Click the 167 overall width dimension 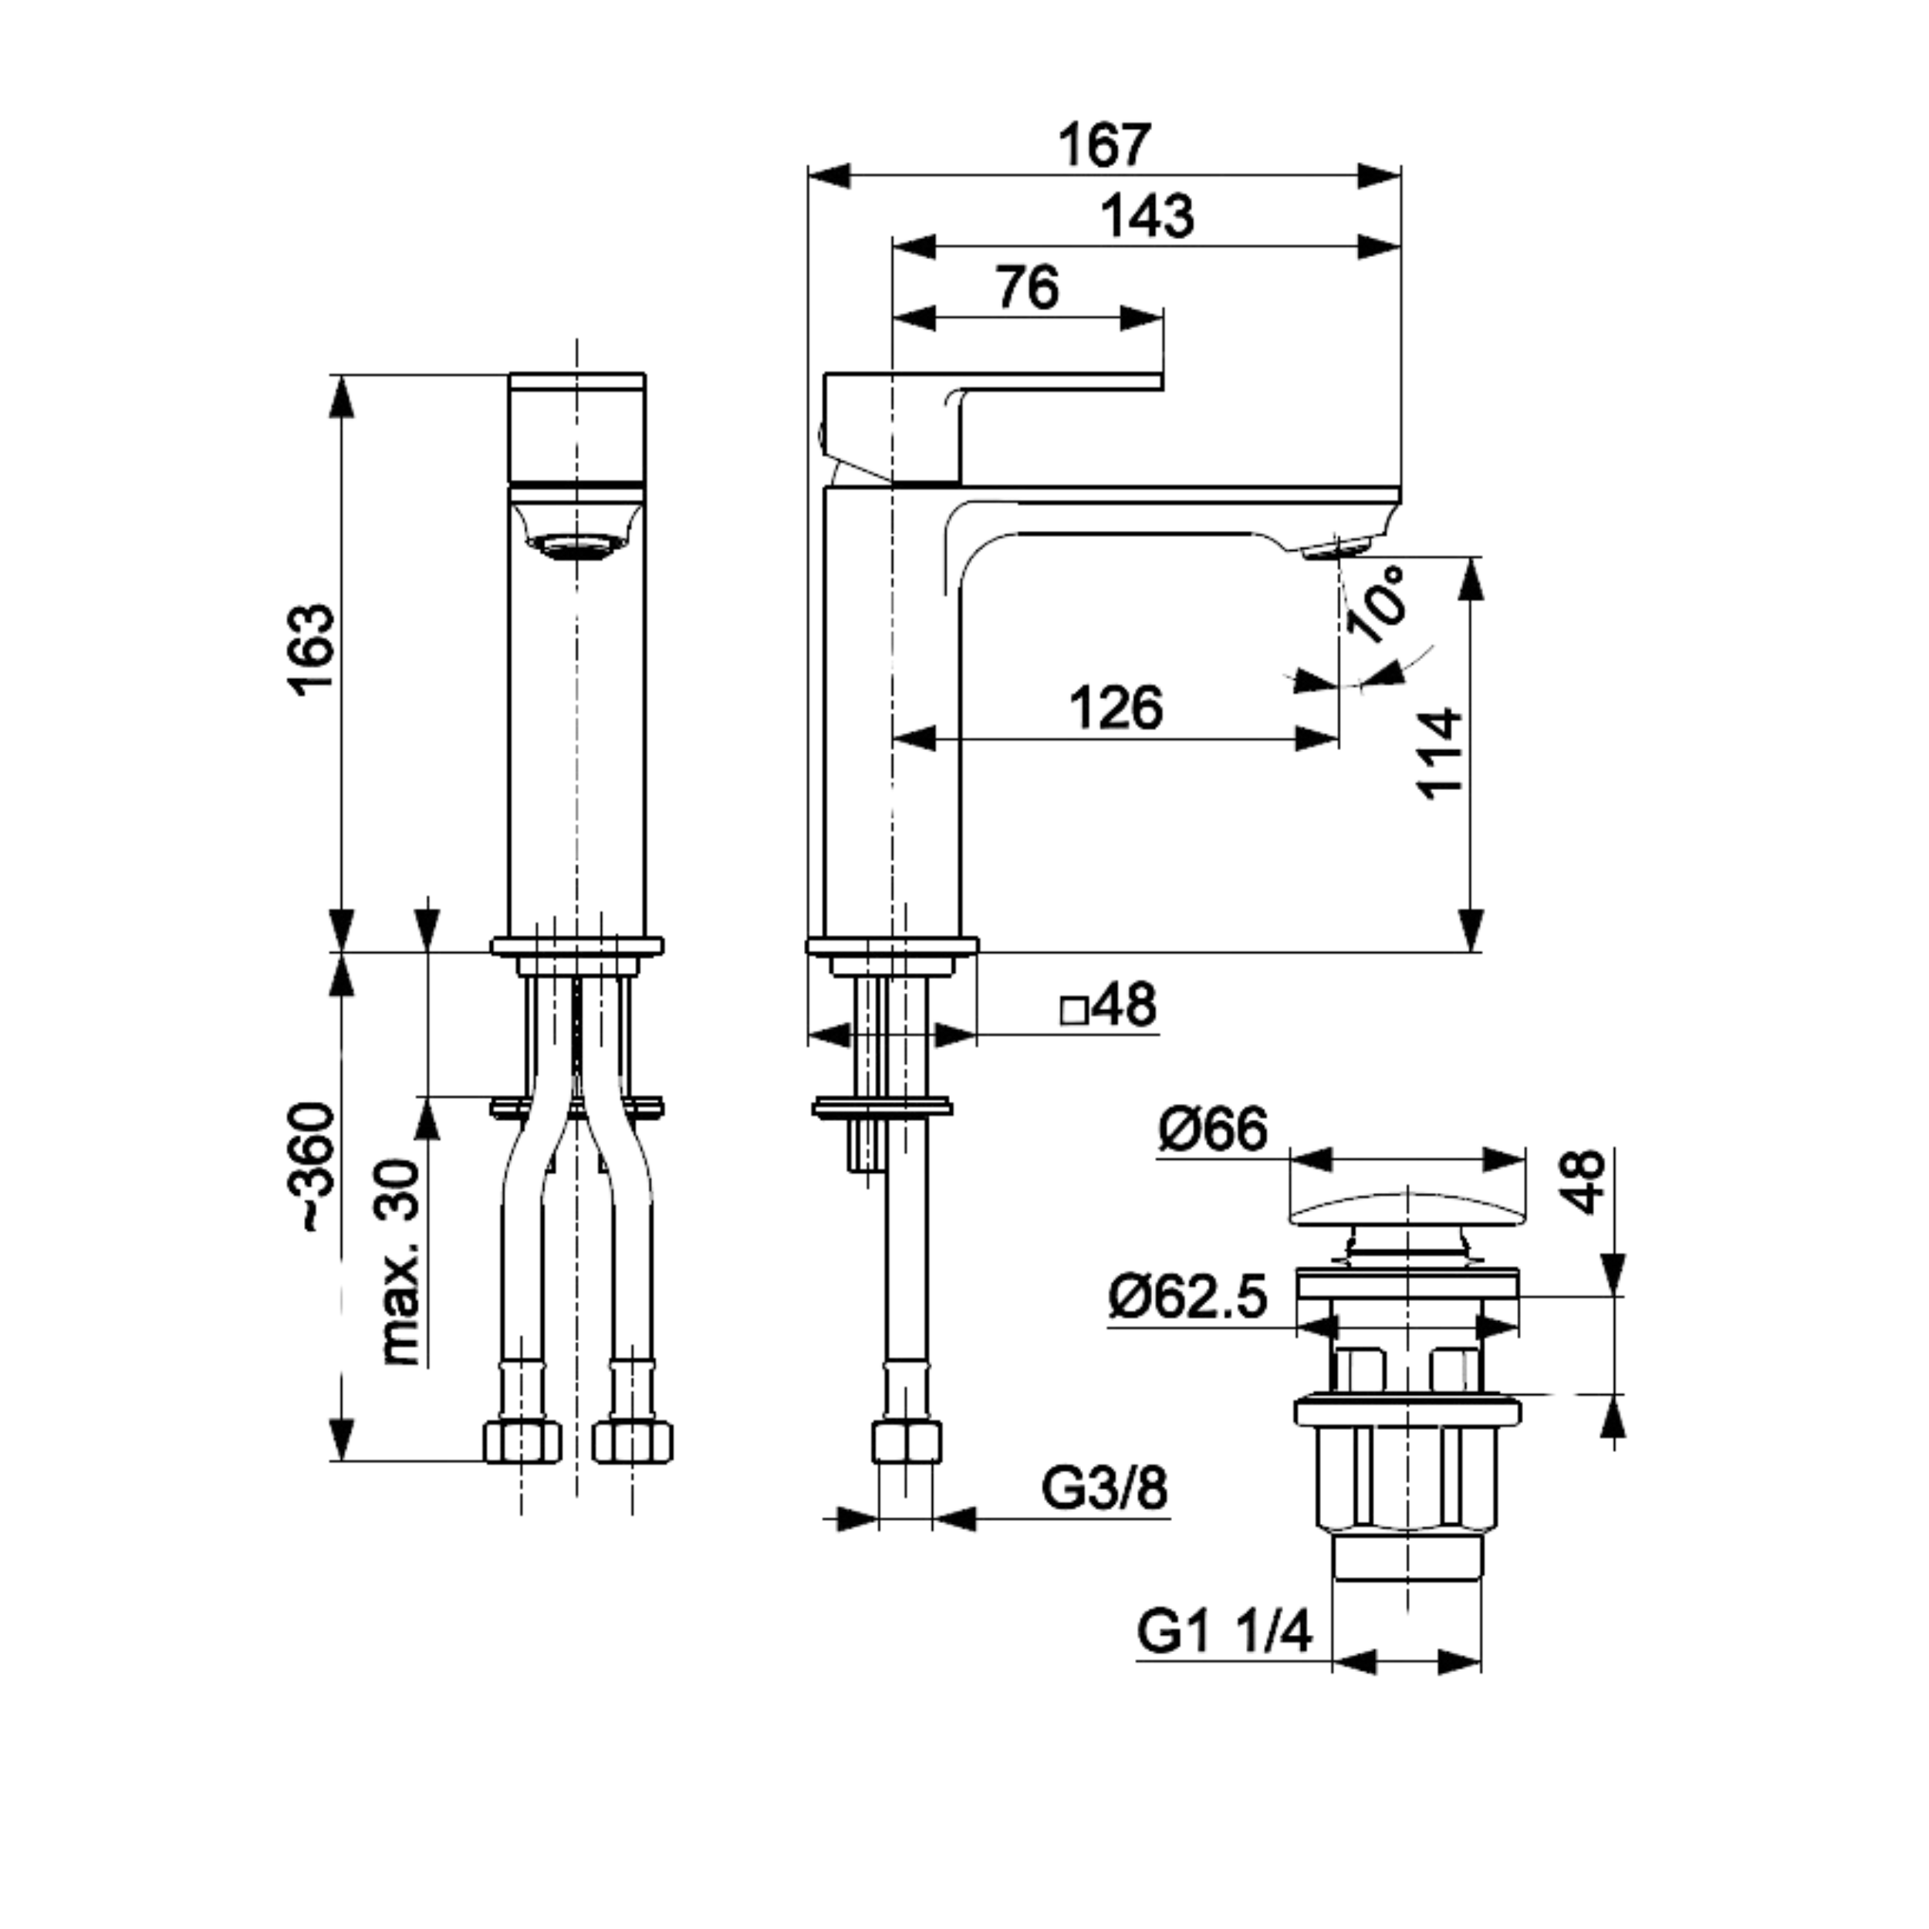tap(1105, 146)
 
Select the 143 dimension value tap(1147, 217)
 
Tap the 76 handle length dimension tap(1028, 289)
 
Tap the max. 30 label tap(401, 1262)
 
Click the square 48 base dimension tap(1108, 1005)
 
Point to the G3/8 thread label tap(1103, 1490)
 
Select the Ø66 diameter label tap(1212, 1130)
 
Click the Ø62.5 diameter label tap(1187, 1298)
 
